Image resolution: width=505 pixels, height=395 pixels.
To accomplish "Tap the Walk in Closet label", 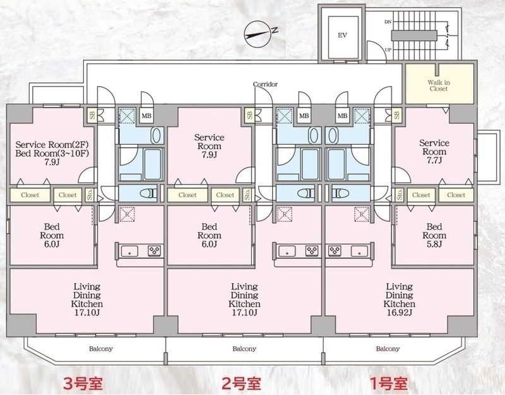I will point(437,85).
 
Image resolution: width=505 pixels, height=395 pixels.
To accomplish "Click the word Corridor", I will point(265,84).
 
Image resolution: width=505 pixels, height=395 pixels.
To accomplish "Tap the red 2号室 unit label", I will point(241,382).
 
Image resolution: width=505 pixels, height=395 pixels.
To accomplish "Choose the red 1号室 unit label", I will point(389,382).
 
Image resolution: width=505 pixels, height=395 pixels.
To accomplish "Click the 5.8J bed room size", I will point(434,244).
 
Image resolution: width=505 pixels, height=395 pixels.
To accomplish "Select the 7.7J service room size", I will point(434,161).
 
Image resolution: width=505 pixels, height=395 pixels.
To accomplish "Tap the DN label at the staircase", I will point(387,22).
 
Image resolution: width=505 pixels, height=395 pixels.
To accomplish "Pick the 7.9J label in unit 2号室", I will point(209,155).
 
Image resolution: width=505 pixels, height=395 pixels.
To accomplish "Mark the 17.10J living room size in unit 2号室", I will point(244,312).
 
